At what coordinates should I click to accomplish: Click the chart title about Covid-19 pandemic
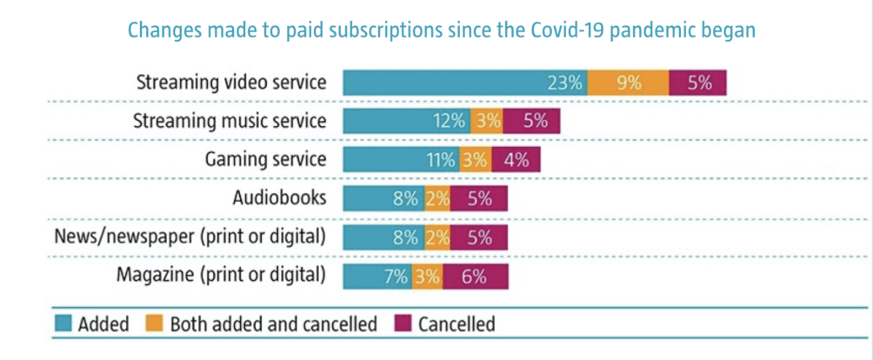[441, 29]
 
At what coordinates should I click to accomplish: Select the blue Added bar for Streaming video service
[465, 83]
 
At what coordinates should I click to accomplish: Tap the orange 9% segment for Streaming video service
[628, 83]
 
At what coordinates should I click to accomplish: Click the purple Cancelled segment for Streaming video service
[697, 83]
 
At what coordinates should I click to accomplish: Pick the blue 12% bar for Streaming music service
[406, 122]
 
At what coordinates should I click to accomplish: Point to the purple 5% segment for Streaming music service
[532, 122]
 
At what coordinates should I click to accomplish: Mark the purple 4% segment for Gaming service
[516, 160]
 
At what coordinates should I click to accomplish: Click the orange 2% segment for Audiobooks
[436, 198]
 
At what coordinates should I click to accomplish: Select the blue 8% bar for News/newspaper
[383, 237]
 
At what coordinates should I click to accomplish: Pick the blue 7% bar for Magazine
[377, 277]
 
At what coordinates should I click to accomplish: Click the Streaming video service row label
[231, 83]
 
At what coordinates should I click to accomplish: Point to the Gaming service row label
[265, 160]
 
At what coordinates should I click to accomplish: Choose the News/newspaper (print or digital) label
[190, 237]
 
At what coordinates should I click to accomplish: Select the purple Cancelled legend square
[403, 324]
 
